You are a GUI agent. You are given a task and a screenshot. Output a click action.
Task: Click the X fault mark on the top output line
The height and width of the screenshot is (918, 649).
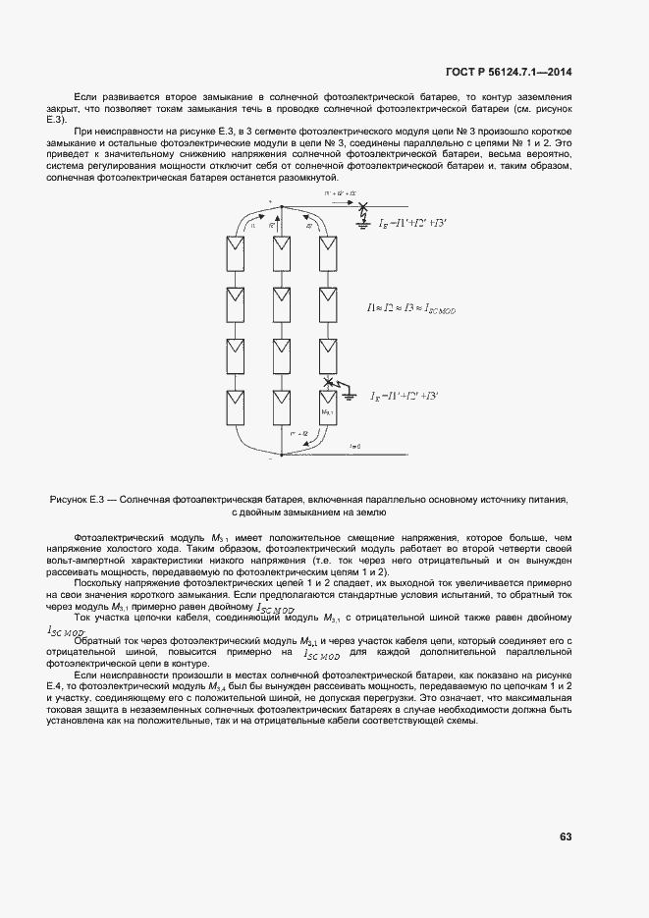[364, 207]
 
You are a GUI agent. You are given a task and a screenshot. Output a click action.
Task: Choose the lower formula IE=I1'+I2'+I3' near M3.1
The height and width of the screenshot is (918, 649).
[405, 396]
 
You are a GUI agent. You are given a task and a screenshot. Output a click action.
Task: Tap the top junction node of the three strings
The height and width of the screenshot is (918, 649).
[282, 207]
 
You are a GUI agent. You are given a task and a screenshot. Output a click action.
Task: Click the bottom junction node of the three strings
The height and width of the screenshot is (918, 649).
[282, 456]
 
